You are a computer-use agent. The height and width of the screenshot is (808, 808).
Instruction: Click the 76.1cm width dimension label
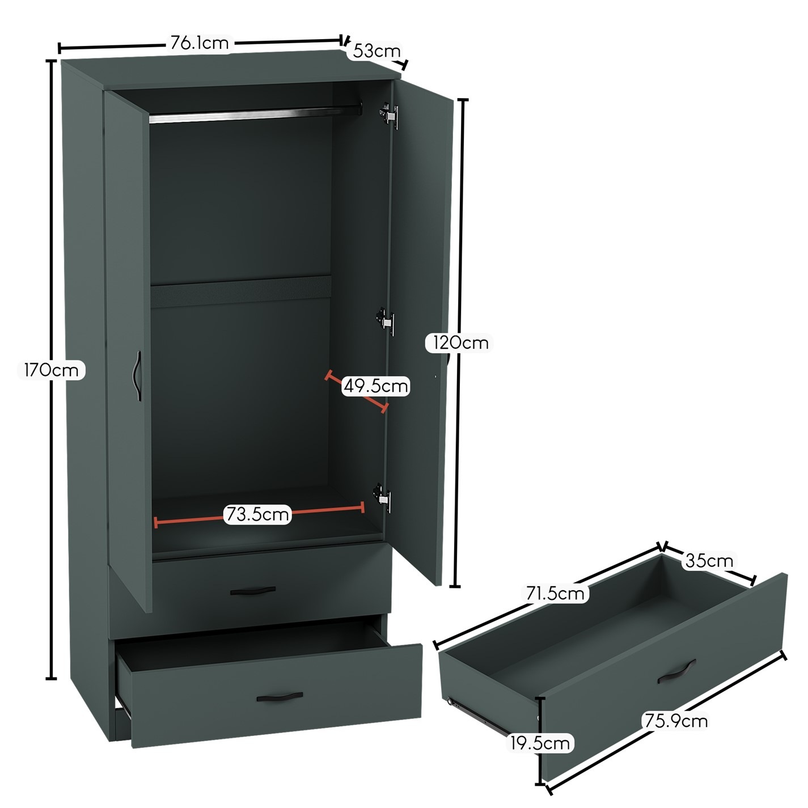199,43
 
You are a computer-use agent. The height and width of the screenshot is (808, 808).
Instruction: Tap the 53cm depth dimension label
376,50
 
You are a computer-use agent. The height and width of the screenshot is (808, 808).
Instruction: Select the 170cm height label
51,370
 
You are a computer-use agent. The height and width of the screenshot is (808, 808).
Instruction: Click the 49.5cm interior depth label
376,386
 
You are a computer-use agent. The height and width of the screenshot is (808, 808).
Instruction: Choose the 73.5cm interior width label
257,514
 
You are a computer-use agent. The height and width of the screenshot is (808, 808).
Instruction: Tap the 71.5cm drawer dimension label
554,593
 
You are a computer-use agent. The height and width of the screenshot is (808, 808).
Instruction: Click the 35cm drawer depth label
709,561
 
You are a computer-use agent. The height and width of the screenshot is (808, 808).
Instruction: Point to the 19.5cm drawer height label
540,743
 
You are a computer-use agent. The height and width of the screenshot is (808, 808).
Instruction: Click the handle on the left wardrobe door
137,376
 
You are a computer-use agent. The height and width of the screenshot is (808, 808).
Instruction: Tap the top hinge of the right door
389,115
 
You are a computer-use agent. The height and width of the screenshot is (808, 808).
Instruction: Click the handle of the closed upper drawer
253,591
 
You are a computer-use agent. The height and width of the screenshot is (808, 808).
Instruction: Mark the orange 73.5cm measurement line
259,515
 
